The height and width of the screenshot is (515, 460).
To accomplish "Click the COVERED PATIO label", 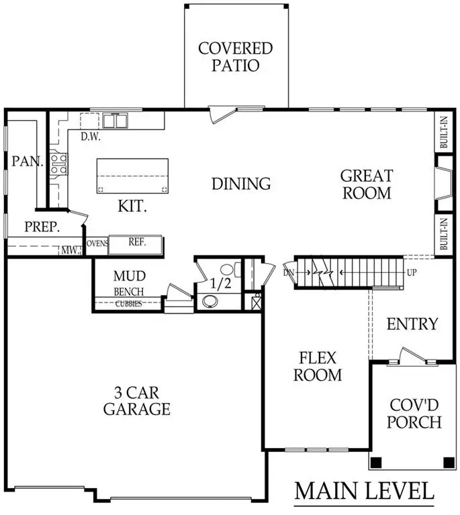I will (x=235, y=57).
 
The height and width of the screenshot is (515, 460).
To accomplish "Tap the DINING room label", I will (x=241, y=183).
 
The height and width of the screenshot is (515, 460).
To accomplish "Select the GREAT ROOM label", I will (x=365, y=184).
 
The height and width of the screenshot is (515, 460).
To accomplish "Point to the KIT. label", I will (x=132, y=206).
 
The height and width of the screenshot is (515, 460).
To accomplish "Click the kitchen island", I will (x=132, y=176).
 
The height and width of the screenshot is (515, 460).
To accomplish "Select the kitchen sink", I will (x=116, y=121).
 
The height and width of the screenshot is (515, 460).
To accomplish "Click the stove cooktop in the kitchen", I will (x=58, y=164).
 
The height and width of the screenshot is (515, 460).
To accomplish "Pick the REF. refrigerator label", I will (x=137, y=242).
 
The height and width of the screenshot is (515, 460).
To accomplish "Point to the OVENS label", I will (x=97, y=243).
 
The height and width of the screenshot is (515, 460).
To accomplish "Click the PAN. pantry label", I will (x=28, y=162).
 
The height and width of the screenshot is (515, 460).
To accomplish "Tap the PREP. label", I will (x=42, y=227).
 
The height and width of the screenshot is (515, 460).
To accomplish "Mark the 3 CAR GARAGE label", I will (x=136, y=400).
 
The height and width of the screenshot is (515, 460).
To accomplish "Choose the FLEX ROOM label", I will (x=314, y=366).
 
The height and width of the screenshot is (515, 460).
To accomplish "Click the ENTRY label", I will (x=412, y=324).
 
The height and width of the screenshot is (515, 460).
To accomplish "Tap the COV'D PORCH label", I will (x=416, y=414).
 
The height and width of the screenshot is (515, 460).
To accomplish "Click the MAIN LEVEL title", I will (x=364, y=491).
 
